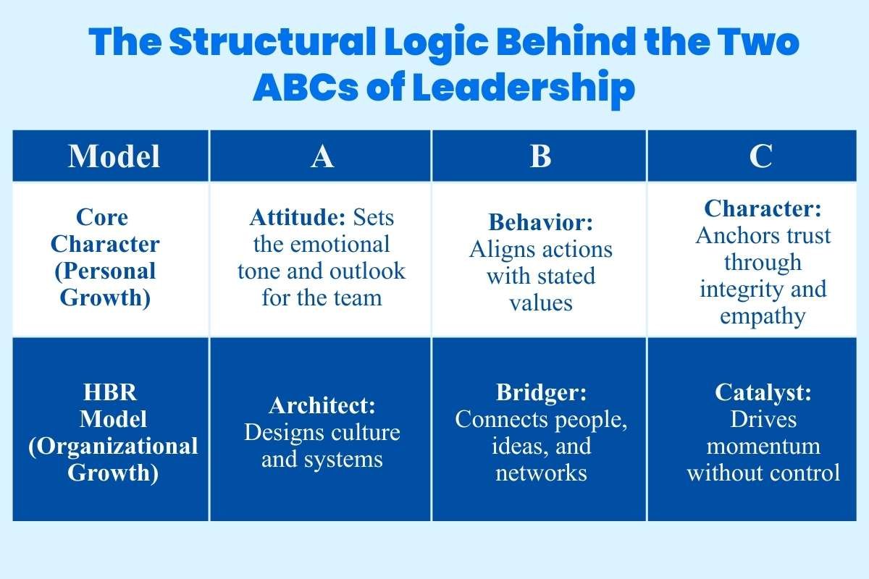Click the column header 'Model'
click(114, 156)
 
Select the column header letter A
click(322, 156)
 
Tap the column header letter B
click(540, 156)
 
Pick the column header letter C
click(761, 156)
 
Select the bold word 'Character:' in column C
click(763, 209)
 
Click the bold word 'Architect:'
click(322, 406)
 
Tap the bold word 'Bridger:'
click(541, 393)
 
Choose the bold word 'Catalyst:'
click(763, 393)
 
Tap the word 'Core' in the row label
click(102, 218)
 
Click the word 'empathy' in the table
click(763, 316)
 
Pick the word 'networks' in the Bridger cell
click(541, 473)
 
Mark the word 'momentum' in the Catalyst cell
click(763, 446)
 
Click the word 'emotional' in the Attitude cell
click(322, 245)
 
